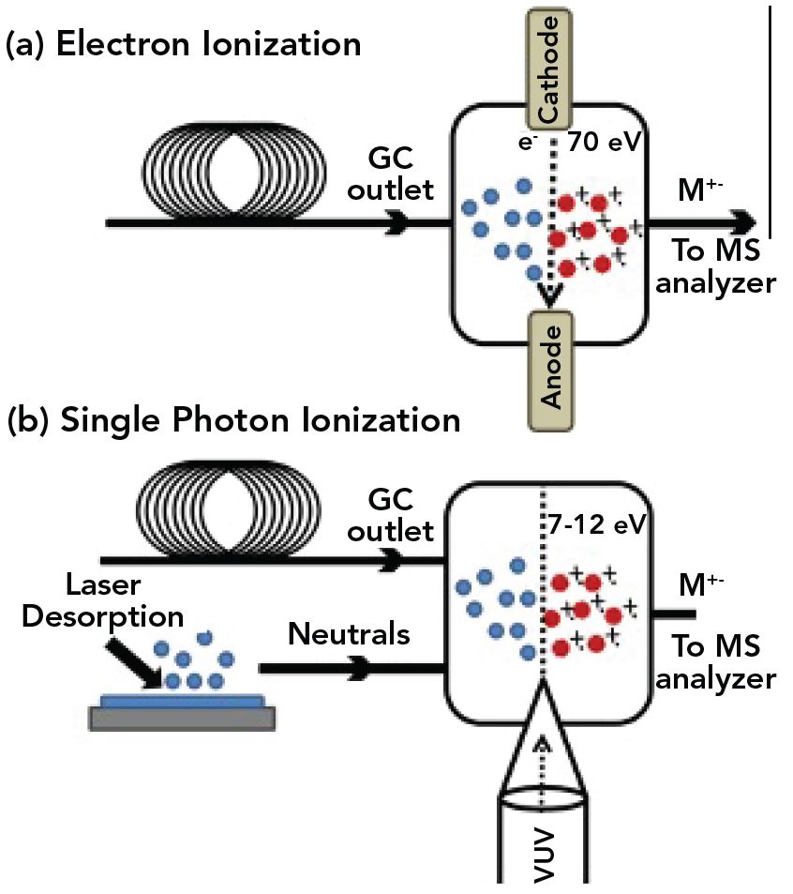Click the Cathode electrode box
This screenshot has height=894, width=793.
(x=550, y=67)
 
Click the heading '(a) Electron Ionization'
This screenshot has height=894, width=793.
(x=183, y=45)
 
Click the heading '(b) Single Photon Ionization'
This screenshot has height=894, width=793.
(x=233, y=418)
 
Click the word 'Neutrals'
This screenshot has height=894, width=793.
(x=349, y=634)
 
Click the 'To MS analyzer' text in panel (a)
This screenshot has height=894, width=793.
(x=716, y=266)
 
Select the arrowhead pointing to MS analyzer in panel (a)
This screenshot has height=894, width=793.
(x=744, y=222)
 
